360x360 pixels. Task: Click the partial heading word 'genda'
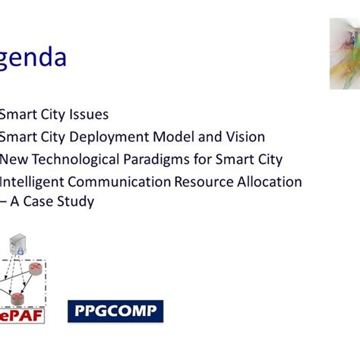tap(33, 58)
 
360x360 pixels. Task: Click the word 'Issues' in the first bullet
tap(87, 115)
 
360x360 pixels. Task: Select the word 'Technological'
tap(76, 159)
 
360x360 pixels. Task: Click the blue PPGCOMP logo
tap(115, 311)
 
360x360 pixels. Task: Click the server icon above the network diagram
tap(15, 245)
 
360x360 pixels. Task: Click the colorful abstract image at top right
tap(344, 54)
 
